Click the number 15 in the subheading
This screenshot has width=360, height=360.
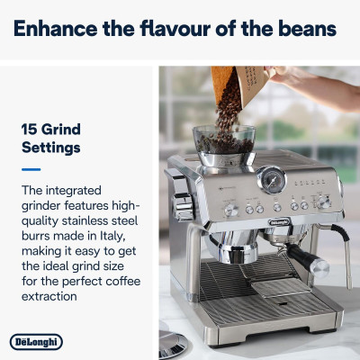click(31, 129)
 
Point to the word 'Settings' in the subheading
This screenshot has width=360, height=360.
click(51, 147)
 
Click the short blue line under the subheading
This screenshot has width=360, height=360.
click(31, 168)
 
